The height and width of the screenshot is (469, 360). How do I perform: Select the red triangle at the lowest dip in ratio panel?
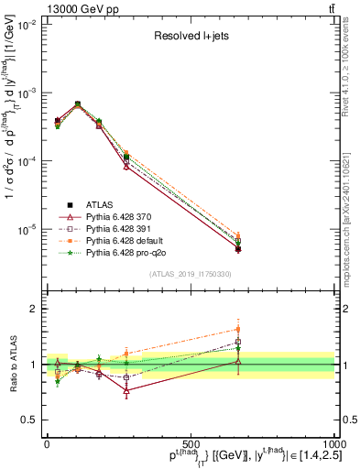(125, 390)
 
